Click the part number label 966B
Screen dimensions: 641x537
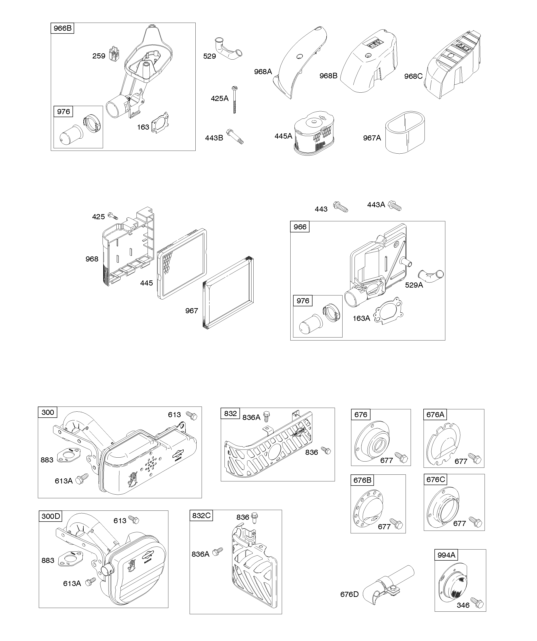tap(62, 28)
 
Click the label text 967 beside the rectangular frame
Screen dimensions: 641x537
tap(191, 311)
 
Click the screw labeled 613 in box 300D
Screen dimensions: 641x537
tap(133, 519)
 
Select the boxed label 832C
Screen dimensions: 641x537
tap(201, 516)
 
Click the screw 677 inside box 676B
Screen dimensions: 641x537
tap(397, 524)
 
